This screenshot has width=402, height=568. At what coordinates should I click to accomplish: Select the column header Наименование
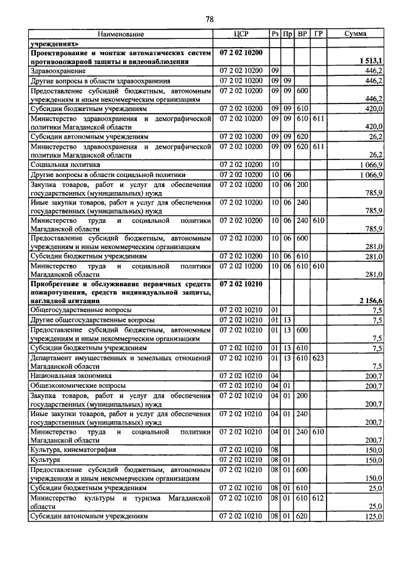121,34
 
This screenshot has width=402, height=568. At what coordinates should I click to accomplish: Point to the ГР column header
318,34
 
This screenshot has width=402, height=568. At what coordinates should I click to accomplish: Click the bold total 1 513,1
371,61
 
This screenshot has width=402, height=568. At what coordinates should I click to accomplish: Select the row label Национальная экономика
67,375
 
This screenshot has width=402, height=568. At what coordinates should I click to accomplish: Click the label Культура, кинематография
72,450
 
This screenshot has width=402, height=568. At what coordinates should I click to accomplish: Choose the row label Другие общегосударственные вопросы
92,319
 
